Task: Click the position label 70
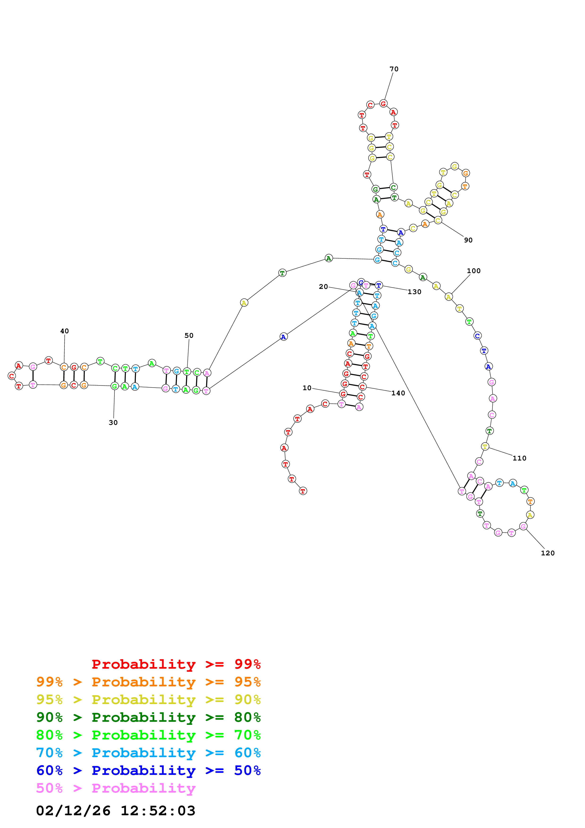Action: (394, 69)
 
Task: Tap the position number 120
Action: (547, 553)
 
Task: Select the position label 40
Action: (64, 331)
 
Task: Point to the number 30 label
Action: (113, 422)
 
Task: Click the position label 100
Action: (473, 270)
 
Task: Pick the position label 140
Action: (398, 393)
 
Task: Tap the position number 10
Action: (307, 388)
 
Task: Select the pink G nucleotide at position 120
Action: (523, 526)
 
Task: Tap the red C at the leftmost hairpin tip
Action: (12, 376)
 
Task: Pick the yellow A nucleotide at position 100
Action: (448, 297)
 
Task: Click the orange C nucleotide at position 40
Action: (64, 367)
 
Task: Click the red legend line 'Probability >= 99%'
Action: (176, 664)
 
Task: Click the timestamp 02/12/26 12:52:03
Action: (115, 810)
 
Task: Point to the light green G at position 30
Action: (115, 386)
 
